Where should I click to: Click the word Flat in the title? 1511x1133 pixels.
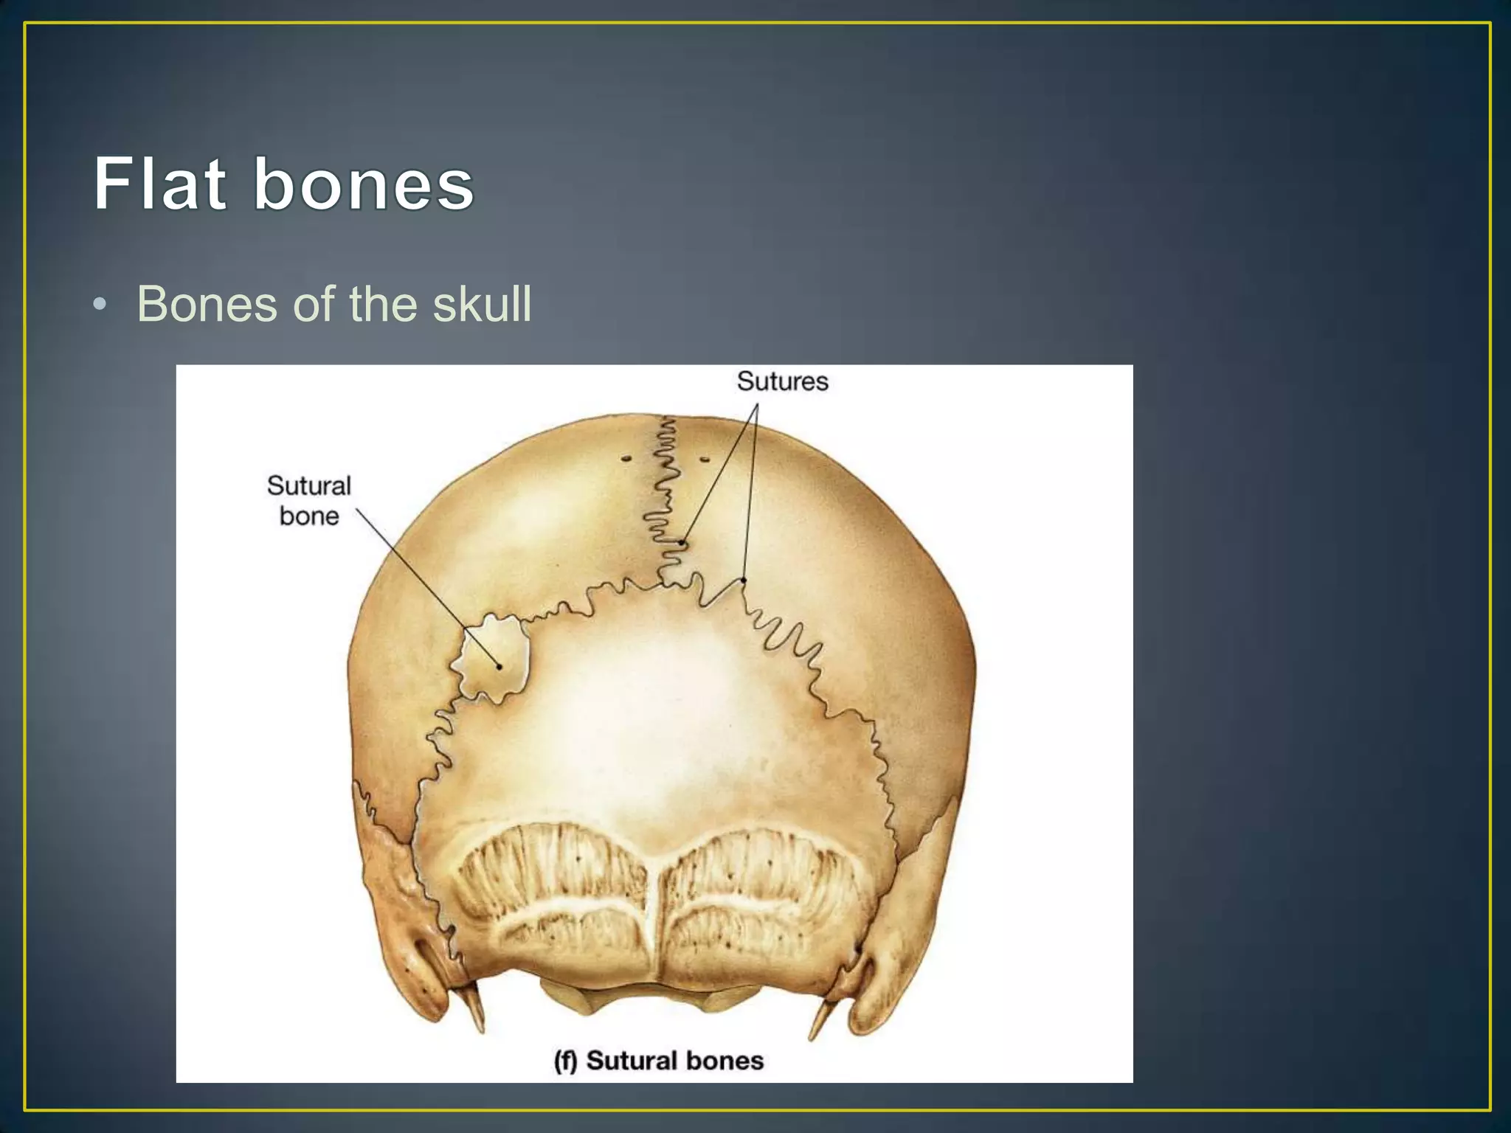159,184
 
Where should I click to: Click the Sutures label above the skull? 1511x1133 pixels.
782,381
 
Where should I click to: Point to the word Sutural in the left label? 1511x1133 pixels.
308,485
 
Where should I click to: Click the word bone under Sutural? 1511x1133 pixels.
309,516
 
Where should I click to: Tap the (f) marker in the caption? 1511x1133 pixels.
566,1061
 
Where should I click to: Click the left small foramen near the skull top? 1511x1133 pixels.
626,459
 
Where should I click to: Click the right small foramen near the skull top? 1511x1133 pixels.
705,460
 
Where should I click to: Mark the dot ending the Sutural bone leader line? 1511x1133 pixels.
499,667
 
